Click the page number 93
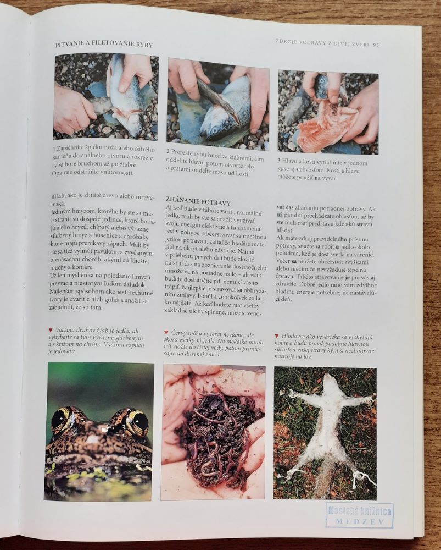376,45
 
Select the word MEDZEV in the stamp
359,521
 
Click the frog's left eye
60,419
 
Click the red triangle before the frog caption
51,330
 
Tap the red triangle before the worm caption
166,332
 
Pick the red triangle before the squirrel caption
277,335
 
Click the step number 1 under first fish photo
54,148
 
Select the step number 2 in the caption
168,151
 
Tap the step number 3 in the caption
279,160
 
